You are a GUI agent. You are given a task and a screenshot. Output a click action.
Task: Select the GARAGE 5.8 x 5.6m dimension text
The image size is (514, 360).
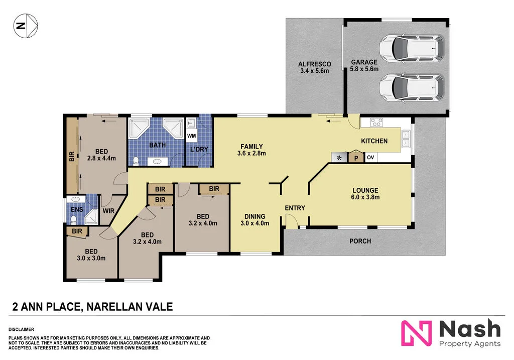(x=364, y=69)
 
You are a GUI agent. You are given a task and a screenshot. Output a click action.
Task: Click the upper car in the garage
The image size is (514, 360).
(x=411, y=48)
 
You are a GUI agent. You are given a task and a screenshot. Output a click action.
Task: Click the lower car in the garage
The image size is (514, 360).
(x=411, y=87)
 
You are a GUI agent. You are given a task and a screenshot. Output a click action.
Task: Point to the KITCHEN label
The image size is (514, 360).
(x=374, y=141)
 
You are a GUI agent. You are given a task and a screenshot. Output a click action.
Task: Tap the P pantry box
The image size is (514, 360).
(x=356, y=158)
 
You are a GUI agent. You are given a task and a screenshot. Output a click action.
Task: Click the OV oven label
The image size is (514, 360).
(x=370, y=158)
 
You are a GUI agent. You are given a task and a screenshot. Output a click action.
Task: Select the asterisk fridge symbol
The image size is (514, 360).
(x=339, y=158)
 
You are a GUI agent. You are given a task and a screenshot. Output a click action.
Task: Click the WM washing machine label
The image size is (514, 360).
(x=192, y=136)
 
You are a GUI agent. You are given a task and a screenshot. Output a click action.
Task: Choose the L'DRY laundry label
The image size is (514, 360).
(x=199, y=149)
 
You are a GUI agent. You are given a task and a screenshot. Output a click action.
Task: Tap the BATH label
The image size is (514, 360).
(x=157, y=146)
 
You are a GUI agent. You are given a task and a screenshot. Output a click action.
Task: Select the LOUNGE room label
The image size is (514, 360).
(x=365, y=190)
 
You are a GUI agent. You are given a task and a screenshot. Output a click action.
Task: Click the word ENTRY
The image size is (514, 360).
(x=295, y=208)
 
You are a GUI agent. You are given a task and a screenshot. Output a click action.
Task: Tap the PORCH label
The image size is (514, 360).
(x=360, y=241)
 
